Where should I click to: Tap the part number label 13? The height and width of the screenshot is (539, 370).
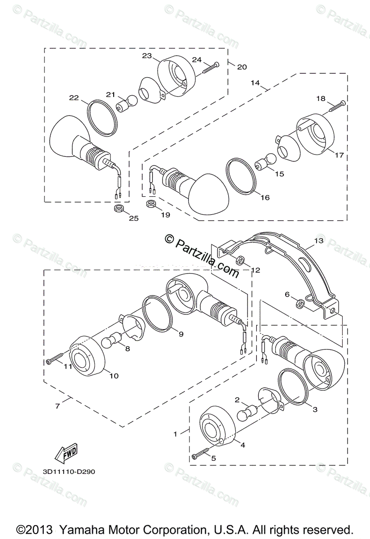318,241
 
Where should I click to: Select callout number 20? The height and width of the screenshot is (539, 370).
242,67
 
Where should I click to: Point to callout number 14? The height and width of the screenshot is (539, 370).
255,83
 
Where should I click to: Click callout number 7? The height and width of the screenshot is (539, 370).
57,406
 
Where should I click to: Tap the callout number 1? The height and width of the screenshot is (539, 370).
176,434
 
